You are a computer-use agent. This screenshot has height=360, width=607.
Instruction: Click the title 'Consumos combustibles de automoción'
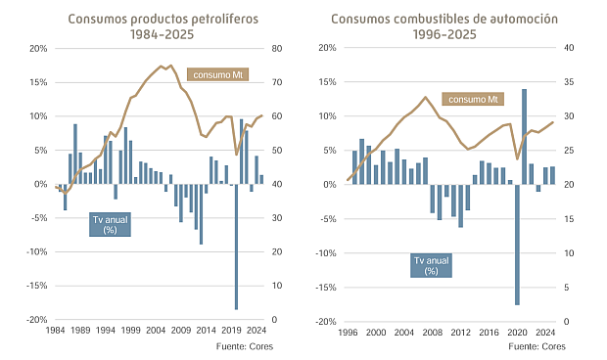[444, 19]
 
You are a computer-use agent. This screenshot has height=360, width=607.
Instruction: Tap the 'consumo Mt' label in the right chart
[473, 99]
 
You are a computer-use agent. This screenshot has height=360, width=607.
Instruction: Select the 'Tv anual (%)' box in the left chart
[111, 224]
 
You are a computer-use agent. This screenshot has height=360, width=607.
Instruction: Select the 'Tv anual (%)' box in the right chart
[431, 265]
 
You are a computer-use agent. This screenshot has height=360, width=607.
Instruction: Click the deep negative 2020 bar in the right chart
[517, 245]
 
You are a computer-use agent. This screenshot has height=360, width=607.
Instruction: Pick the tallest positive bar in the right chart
[524, 136]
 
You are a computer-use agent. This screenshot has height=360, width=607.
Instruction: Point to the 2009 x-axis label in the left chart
[181, 332]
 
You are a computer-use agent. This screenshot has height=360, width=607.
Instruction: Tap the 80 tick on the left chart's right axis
[277, 48]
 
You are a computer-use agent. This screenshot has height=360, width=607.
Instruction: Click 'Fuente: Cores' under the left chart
[244, 346]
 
